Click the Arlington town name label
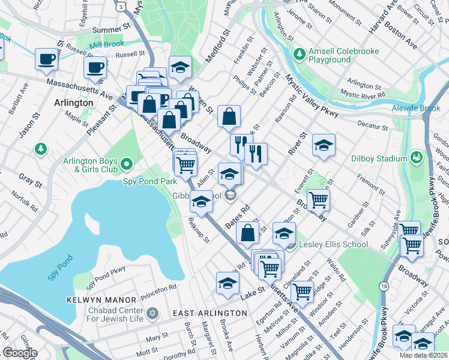pyautogui.click(x=73, y=103)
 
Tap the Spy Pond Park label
pyautogui.click(x=149, y=180)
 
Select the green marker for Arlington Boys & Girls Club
pyautogui.click(x=126, y=163)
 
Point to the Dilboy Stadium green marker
pyautogui.click(x=417, y=157)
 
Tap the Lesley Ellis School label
pyautogui.click(x=329, y=244)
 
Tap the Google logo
pyautogui.click(x=19, y=353)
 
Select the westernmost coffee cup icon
pyautogui.click(x=46, y=59)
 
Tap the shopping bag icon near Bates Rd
pyautogui.click(x=247, y=233)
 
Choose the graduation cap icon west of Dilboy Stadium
pyautogui.click(x=324, y=145)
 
